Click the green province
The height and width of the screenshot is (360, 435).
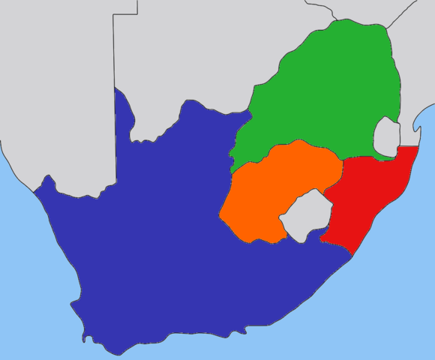click(322, 90)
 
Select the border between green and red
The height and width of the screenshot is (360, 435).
click(367, 157)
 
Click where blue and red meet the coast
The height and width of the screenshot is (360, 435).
click(352, 256)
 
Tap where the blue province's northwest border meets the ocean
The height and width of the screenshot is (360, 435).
click(34, 190)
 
